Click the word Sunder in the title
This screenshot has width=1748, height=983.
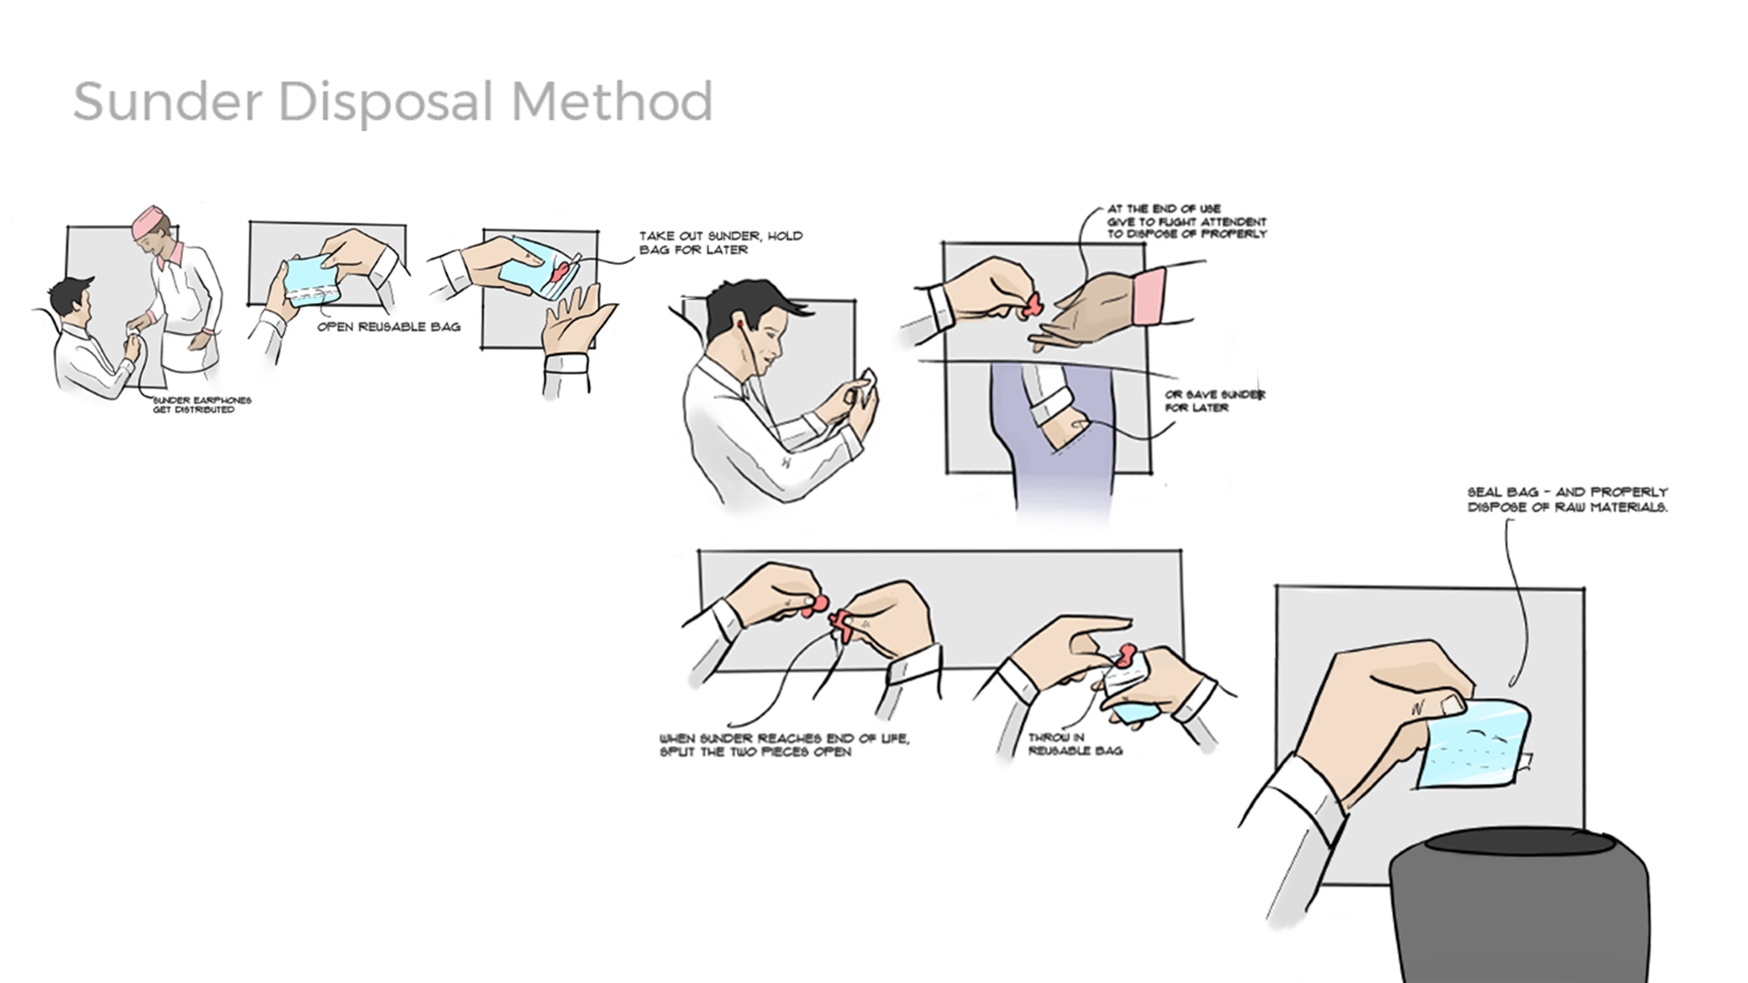(x=168, y=101)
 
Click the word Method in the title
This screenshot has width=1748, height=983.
(x=611, y=101)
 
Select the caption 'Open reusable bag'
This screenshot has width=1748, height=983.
(x=389, y=327)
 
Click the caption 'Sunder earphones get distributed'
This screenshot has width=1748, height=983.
(x=201, y=405)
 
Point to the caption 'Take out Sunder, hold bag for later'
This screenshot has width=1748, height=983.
(x=720, y=242)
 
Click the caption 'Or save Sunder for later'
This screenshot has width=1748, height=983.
(x=1214, y=401)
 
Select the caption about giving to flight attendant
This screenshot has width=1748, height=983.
(x=1186, y=221)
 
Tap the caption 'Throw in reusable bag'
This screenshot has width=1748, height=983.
(x=1074, y=745)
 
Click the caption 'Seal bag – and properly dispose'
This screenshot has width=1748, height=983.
(x=1567, y=500)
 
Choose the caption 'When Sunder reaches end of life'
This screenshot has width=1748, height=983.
(x=784, y=745)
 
